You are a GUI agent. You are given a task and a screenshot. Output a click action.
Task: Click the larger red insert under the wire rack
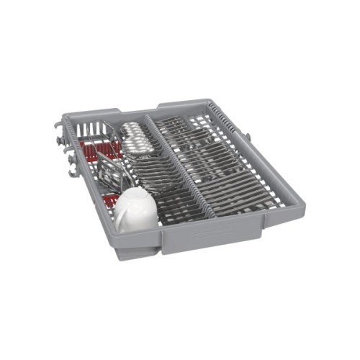point(90,150)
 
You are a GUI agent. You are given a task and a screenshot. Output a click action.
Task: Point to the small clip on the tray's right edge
point(248,135)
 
